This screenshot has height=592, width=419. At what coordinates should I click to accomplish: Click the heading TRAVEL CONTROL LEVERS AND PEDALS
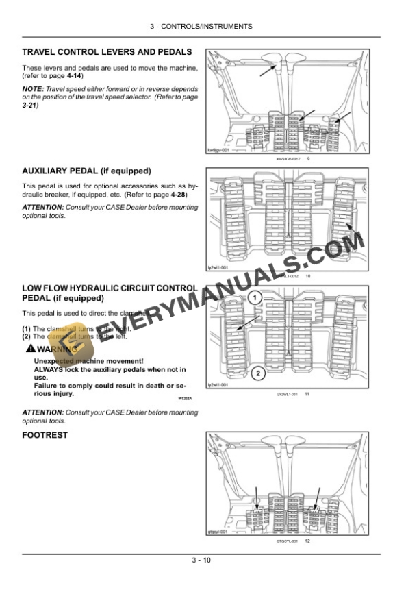[106, 52]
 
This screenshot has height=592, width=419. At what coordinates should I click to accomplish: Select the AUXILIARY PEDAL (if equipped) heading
[86, 170]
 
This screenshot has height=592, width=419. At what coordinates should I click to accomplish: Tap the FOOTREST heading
[45, 435]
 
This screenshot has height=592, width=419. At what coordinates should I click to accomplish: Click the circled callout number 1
[254, 298]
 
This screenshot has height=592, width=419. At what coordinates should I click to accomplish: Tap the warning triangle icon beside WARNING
[28, 349]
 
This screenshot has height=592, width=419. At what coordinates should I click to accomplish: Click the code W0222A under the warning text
[176, 399]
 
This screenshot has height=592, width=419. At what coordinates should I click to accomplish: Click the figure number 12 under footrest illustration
[308, 542]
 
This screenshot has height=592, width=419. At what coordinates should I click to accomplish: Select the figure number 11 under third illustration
[307, 395]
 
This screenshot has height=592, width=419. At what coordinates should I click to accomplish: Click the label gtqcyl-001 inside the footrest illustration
[218, 532]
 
